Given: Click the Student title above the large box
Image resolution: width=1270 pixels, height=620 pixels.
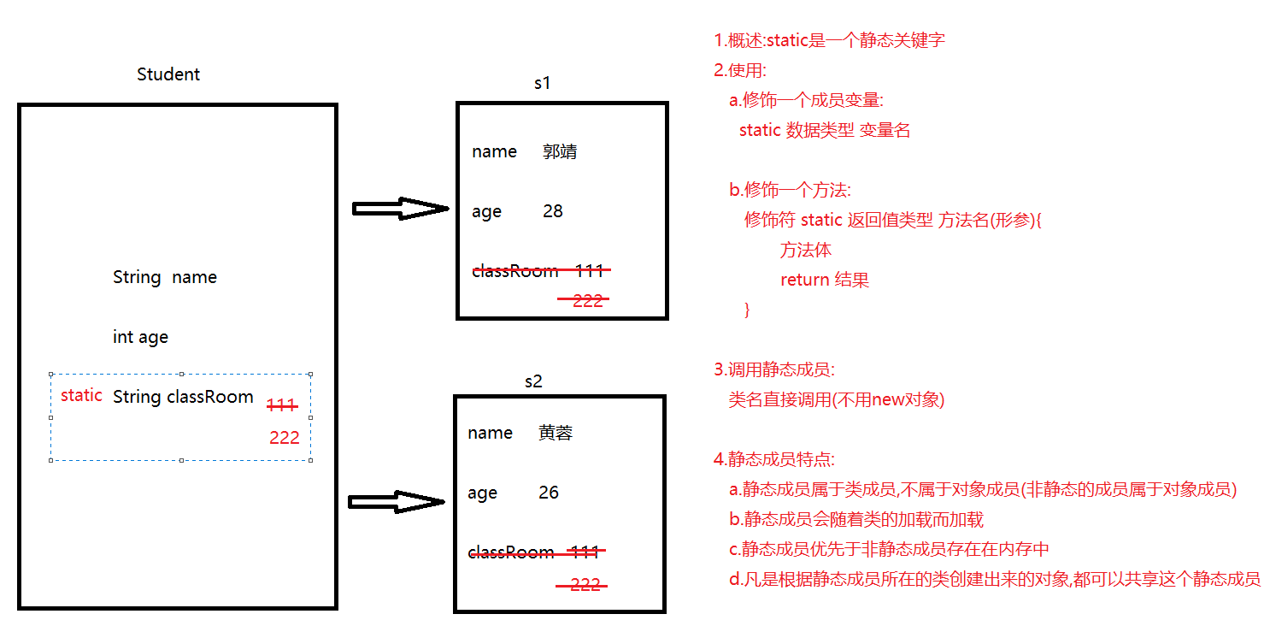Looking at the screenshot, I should click(x=168, y=74).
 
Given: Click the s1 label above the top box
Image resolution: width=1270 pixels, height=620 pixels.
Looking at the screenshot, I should click(x=543, y=83).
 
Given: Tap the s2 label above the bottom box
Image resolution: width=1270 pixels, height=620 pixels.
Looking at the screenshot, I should click(x=533, y=381).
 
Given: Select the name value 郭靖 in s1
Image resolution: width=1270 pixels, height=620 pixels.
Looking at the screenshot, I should click(x=560, y=152).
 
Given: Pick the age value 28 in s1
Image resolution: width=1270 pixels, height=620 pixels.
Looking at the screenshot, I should click(x=553, y=211).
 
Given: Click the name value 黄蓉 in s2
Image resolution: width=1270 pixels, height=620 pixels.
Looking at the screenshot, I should click(x=556, y=434).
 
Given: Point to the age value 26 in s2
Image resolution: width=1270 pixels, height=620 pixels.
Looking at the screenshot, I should click(x=549, y=493).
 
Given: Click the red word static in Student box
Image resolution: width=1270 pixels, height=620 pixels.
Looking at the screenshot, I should click(x=81, y=396).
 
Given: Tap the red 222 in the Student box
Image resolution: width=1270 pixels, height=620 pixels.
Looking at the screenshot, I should click(x=285, y=438).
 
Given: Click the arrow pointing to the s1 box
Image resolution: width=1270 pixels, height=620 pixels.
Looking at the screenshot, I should click(x=400, y=209).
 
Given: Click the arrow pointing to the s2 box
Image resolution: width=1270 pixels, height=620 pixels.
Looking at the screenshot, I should click(x=397, y=502).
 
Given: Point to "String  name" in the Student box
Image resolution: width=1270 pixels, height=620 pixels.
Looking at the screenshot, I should click(x=165, y=277).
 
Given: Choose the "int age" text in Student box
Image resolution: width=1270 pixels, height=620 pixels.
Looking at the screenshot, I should click(x=140, y=337).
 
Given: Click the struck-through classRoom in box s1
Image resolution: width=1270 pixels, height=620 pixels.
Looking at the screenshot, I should click(x=514, y=271).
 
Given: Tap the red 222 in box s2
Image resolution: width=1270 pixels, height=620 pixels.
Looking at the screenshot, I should click(x=585, y=585).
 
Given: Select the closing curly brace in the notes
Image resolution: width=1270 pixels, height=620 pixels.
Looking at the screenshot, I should click(x=748, y=310).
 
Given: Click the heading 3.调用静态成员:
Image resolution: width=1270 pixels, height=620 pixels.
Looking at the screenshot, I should click(x=774, y=369).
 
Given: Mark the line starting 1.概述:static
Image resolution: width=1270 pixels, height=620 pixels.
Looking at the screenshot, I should click(x=829, y=40).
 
